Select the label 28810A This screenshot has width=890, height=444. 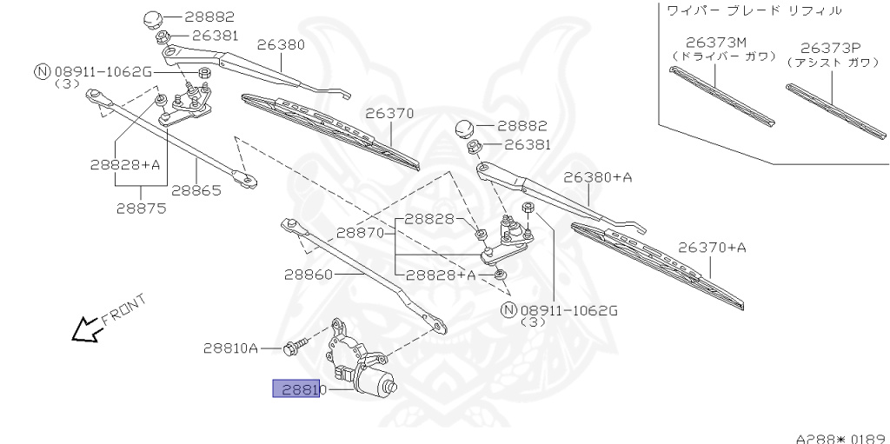click(x=230, y=348)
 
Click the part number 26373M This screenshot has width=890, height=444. click(x=714, y=42)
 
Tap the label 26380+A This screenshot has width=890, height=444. click(x=597, y=177)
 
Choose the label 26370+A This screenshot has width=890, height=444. click(x=712, y=248)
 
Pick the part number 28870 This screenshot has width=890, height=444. click(x=361, y=233)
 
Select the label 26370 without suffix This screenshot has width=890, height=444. click(x=389, y=113)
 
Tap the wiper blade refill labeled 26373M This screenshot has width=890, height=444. click(x=721, y=96)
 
